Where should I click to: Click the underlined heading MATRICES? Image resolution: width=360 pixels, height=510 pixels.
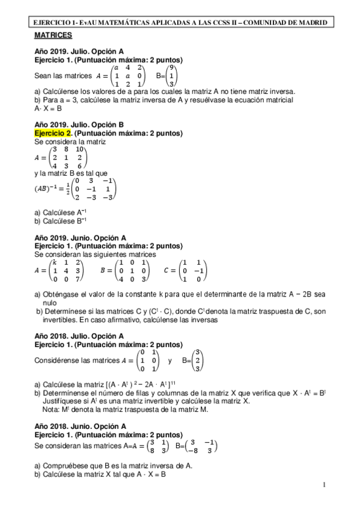click(53, 36)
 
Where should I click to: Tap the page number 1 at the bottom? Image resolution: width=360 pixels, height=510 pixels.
click(324, 485)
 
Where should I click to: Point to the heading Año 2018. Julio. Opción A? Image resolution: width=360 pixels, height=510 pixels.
click(79, 336)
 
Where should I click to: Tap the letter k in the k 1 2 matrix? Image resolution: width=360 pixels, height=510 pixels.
click(54, 263)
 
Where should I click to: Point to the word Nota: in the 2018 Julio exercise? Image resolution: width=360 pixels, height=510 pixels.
click(53, 410)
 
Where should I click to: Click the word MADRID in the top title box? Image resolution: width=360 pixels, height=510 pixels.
click(313, 22)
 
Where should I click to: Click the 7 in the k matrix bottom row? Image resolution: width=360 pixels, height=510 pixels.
click(79, 279)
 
